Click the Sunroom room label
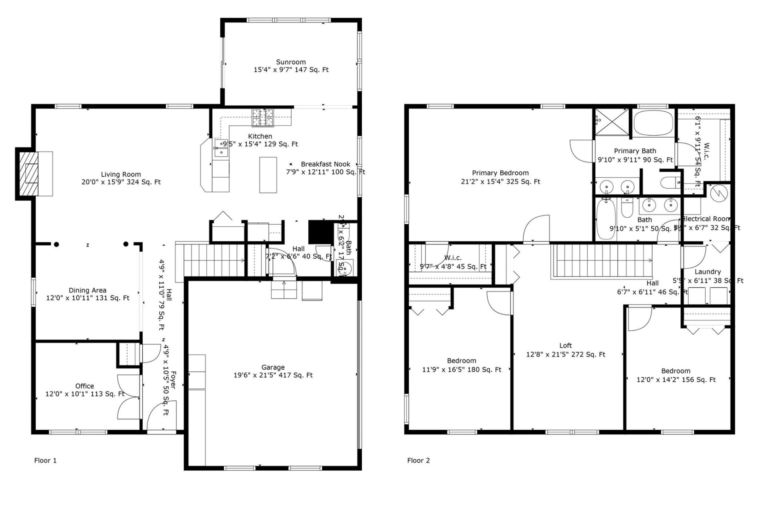click(291, 62)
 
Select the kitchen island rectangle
click(268, 174)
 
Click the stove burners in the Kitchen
click(263, 118)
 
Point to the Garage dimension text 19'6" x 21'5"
click(273, 375)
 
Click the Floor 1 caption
click(45, 461)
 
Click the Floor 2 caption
click(418, 461)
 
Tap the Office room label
click(85, 386)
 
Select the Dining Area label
click(87, 290)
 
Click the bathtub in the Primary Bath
click(654, 123)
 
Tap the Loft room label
click(566, 346)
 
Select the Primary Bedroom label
click(500, 173)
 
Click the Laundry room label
click(707, 272)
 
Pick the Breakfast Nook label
click(325, 164)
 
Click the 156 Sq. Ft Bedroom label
click(676, 371)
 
